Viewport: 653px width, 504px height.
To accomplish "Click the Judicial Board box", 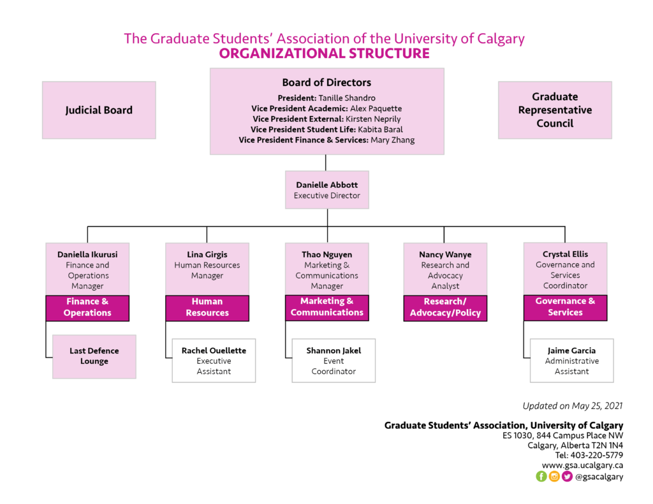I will (x=99, y=110).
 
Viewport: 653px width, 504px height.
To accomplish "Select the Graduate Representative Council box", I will (x=555, y=110).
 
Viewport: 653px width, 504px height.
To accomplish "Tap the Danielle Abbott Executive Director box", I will (x=327, y=190).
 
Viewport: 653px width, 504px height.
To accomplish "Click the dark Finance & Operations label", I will (x=87, y=307).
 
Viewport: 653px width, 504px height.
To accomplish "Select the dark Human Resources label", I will (x=207, y=307).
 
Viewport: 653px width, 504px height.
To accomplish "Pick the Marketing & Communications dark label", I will (x=327, y=306).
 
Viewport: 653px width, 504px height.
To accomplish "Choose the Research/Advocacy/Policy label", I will (x=445, y=307).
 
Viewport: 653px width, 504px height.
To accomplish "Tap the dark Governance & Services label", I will (x=565, y=306).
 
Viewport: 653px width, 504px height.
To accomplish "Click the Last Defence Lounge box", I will (x=94, y=356).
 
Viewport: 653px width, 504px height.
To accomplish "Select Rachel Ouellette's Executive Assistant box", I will (x=214, y=361).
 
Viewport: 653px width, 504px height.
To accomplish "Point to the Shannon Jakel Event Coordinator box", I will (x=334, y=361).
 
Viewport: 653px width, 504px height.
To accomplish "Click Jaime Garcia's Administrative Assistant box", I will (x=571, y=361).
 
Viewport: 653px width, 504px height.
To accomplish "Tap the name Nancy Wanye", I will (x=445, y=254).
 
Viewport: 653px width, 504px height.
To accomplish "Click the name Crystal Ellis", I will (x=565, y=254).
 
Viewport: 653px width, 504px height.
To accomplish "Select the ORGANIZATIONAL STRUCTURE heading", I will (x=324, y=54).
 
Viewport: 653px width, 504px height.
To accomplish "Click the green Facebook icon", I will (x=541, y=476).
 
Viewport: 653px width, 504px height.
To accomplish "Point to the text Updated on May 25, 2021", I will (x=573, y=405).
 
